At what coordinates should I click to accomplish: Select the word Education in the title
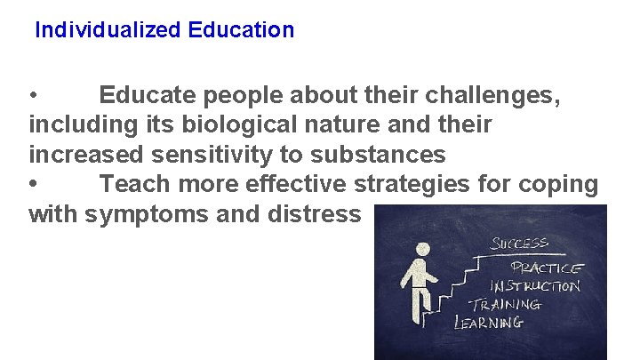[241, 30]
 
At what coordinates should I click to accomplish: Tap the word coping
[561, 185]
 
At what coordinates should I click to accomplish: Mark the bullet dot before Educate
[33, 95]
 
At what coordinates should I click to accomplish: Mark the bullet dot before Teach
[33, 185]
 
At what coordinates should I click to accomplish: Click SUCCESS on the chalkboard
[521, 243]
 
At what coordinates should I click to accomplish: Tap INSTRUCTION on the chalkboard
[535, 286]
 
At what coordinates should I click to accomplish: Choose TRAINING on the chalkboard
[505, 304]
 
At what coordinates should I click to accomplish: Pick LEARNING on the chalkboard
[489, 322]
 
